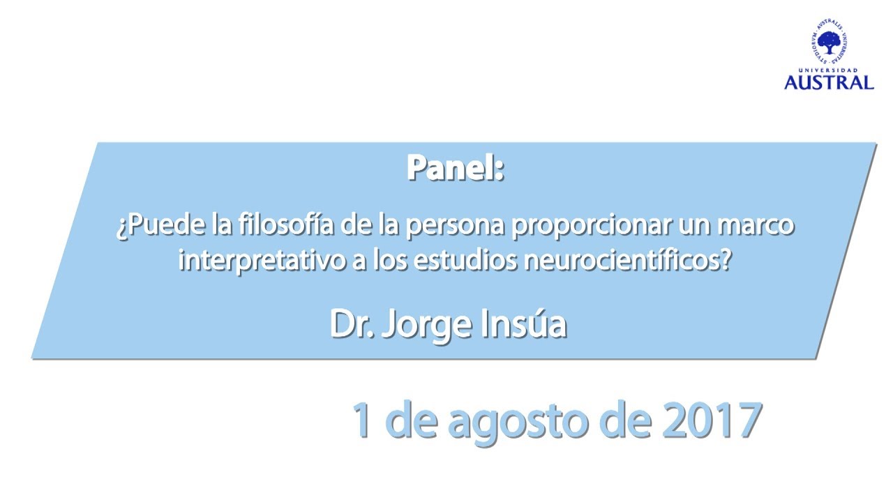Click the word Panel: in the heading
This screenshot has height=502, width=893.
point(455,168)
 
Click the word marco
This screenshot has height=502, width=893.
point(760,227)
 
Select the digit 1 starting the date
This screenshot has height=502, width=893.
point(361,420)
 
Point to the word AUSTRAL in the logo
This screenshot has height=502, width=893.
point(829,82)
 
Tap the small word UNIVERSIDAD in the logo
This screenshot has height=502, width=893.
point(829,71)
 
